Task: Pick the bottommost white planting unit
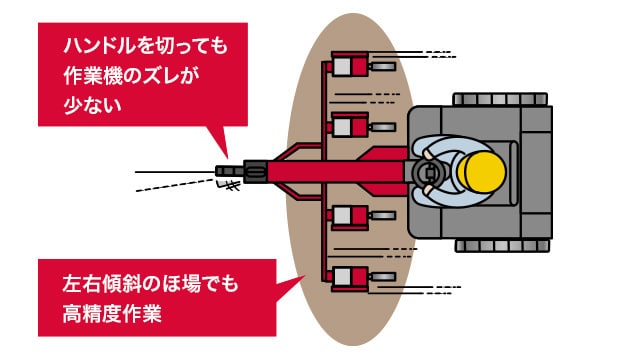(x=347, y=277)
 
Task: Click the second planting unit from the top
(x=347, y=126)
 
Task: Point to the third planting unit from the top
(x=347, y=216)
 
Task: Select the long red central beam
(x=300, y=172)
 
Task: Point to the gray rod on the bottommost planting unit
(x=383, y=277)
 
